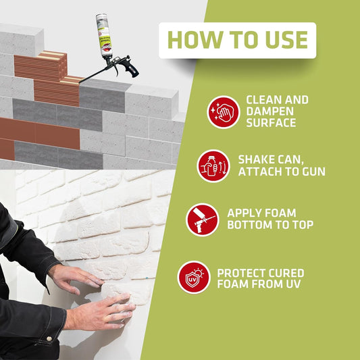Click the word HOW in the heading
pyautogui.click(x=195, y=40)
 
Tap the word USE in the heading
pyautogui.click(x=286, y=40)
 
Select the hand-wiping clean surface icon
pyautogui.click(x=224, y=112)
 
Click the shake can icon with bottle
pyautogui.click(x=213, y=166)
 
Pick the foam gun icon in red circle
pyautogui.click(x=203, y=220)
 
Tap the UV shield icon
pyautogui.click(x=194, y=278)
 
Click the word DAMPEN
pyautogui.click(x=269, y=111)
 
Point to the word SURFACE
pyautogui.click(x=271, y=123)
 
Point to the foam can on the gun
pyautogui.click(x=103, y=36)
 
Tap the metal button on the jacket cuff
pyautogui.click(x=49, y=338)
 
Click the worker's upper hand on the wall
pyautogui.click(x=76, y=278)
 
